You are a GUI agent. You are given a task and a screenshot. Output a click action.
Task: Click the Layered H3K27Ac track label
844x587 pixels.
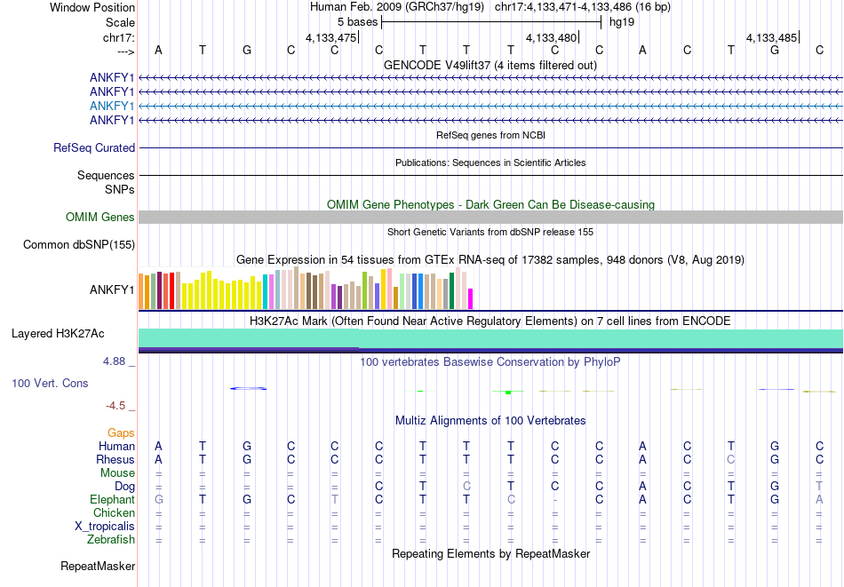(58, 334)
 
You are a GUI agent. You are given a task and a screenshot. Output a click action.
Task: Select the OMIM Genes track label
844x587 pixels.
(100, 217)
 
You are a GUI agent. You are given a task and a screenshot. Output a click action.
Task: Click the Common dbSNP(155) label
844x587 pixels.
(79, 245)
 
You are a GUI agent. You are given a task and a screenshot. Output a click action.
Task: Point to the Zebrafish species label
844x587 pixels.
(111, 539)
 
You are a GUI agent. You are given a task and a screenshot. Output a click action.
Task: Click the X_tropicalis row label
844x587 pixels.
(105, 526)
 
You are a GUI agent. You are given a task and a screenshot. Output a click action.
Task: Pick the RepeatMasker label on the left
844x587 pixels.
(98, 566)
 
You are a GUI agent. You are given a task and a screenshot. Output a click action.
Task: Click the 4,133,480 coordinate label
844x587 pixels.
(552, 38)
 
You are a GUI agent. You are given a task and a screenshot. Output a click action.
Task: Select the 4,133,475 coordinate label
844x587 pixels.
(330, 38)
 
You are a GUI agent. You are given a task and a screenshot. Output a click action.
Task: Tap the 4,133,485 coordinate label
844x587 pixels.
(772, 38)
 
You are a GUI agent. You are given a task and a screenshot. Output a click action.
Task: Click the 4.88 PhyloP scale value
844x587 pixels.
(116, 361)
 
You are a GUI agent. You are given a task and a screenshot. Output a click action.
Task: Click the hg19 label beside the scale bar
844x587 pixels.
(622, 21)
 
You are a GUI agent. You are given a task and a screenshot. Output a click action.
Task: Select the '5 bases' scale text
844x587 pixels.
(356, 21)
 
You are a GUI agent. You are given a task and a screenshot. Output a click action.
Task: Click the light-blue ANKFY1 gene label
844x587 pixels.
(112, 106)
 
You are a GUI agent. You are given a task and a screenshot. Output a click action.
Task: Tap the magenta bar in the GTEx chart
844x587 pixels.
(471, 299)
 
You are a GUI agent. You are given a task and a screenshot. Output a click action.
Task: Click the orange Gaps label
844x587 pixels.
(122, 432)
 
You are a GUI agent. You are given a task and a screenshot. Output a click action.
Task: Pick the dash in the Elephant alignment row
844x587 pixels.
(555, 500)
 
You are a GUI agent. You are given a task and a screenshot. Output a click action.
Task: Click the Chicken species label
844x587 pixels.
(114, 513)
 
